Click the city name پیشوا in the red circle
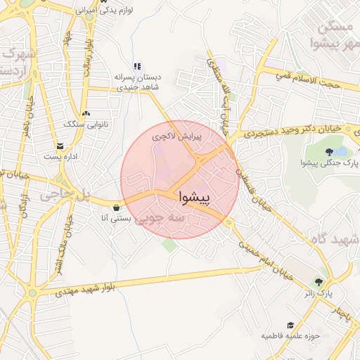point(194,197)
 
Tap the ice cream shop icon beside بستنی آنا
point(115,208)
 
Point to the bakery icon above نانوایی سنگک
point(86,114)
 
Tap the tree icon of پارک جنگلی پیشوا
point(330,153)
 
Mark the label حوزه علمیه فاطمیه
point(291,335)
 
